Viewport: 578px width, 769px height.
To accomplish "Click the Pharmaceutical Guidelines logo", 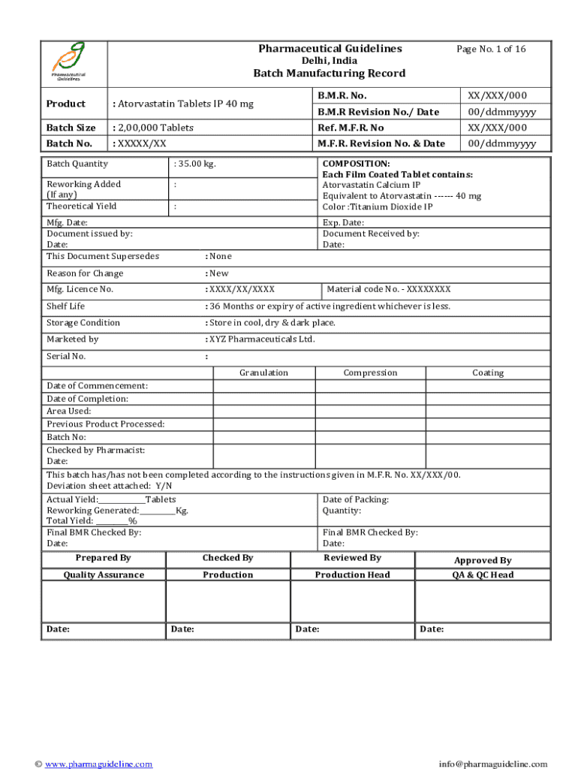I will click(x=68, y=62).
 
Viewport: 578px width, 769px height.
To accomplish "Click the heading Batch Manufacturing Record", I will click(x=329, y=73).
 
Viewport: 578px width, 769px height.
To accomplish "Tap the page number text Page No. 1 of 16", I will click(x=491, y=49).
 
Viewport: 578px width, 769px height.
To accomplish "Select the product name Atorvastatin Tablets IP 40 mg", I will click(x=182, y=104).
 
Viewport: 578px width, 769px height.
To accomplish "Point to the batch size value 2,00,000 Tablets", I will click(x=153, y=128).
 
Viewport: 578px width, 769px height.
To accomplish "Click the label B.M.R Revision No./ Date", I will click(x=378, y=112).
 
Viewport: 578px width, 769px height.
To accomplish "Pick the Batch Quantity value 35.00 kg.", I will click(x=194, y=164).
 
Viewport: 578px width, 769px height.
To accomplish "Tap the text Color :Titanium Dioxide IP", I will click(x=378, y=207).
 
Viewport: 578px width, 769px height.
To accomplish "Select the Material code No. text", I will click(x=389, y=289).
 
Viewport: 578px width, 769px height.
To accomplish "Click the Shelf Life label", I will click(x=66, y=306).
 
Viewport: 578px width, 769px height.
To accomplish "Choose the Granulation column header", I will click(x=263, y=372).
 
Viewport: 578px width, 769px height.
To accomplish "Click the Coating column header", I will click(x=488, y=372).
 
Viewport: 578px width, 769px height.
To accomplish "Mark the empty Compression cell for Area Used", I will click(x=370, y=411).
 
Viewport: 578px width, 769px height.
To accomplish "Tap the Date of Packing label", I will click(x=355, y=499).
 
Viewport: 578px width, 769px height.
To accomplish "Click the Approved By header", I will click(x=483, y=560).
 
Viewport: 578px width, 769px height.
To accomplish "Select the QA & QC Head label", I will click(x=483, y=575).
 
